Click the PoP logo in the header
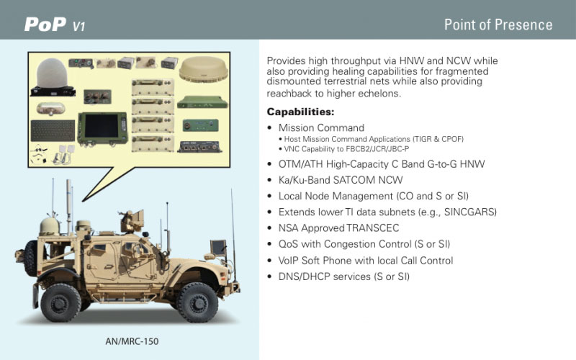pos(55,24)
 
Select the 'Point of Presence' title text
pos(498,24)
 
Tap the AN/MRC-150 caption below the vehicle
pos(132,341)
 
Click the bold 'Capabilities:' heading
pos(300,112)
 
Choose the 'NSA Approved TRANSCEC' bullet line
pos(338,228)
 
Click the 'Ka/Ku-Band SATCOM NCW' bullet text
pos(340,180)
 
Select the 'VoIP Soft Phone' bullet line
pos(366,261)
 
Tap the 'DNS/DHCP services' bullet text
pos(344,276)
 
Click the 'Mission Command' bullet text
pos(321,127)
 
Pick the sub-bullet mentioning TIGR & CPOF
pos(374,139)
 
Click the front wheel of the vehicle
pos(197,302)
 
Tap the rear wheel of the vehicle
pos(60,302)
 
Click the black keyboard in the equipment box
pos(53,131)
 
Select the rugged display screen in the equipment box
pos(102,127)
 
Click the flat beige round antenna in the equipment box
pos(203,68)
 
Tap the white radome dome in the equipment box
pos(52,73)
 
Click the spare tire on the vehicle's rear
pos(31,258)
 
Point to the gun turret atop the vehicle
pos(131,220)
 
